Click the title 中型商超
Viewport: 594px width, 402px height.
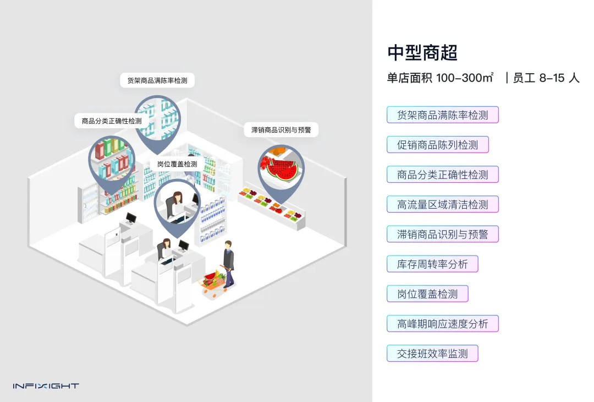point(422,53)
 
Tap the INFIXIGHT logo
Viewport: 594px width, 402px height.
point(46,386)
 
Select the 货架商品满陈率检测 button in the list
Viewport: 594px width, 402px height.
point(442,115)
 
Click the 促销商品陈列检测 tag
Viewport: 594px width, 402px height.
point(437,145)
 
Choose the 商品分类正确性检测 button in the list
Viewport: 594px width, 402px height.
point(442,175)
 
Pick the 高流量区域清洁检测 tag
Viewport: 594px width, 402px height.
point(442,204)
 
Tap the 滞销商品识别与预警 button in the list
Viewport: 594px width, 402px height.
point(442,234)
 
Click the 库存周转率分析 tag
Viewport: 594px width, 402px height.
point(432,264)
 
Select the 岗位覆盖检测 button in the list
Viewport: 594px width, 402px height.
point(427,294)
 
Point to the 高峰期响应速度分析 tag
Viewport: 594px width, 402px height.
point(442,323)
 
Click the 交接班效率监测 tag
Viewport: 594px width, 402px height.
point(432,353)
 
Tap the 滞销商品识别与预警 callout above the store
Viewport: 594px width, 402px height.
point(281,130)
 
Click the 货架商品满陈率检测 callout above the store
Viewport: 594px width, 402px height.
point(157,80)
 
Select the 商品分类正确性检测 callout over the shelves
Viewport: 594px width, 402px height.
point(112,121)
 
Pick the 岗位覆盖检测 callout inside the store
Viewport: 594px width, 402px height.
point(177,164)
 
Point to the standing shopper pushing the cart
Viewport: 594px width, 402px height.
point(228,262)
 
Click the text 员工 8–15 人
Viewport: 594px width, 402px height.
point(546,78)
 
